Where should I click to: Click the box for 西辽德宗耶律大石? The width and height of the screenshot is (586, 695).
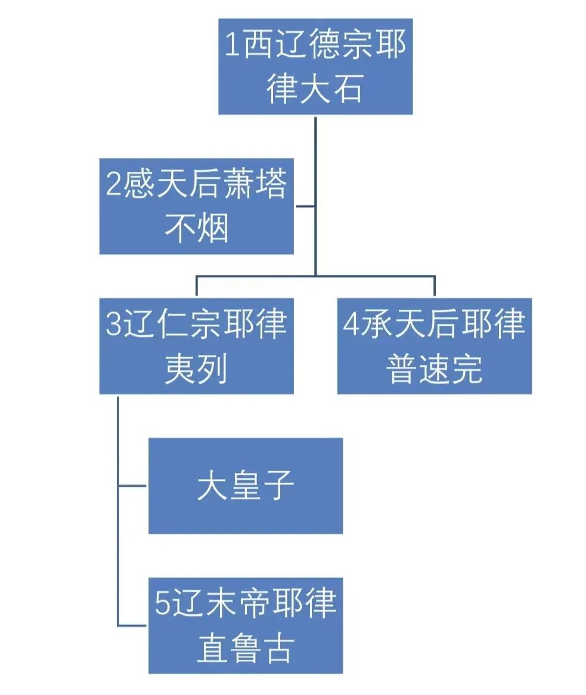315,66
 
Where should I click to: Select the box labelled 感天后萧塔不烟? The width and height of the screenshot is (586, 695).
196,206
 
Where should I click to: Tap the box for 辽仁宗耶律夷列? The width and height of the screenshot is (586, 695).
196,345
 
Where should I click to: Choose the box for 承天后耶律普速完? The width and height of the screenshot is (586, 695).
434,345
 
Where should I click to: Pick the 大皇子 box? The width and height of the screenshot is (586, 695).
245,486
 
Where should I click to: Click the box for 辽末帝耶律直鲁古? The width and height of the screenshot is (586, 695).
245,625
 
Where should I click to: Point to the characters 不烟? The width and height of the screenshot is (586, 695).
196,228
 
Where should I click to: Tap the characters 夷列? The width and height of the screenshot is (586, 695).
196,369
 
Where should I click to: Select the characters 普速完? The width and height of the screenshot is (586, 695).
434,369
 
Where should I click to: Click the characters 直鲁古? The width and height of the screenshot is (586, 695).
245,648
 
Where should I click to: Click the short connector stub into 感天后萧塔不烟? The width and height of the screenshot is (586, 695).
305,206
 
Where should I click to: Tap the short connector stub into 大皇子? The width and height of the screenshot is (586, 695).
132,486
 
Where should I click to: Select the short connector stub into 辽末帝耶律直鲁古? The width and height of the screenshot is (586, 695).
132,625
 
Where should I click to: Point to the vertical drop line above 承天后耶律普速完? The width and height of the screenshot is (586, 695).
434,286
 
